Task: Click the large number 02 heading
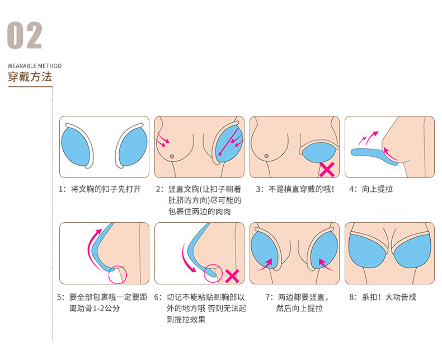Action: pyautogui.click(x=25, y=35)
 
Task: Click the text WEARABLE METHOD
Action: pyautogui.click(x=35, y=66)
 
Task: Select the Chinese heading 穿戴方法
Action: pyautogui.click(x=30, y=77)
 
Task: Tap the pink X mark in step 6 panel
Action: pyautogui.click(x=232, y=275)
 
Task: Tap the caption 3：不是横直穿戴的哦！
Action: pyautogui.click(x=295, y=189)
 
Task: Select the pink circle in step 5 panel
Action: pyautogui.click(x=118, y=274)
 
